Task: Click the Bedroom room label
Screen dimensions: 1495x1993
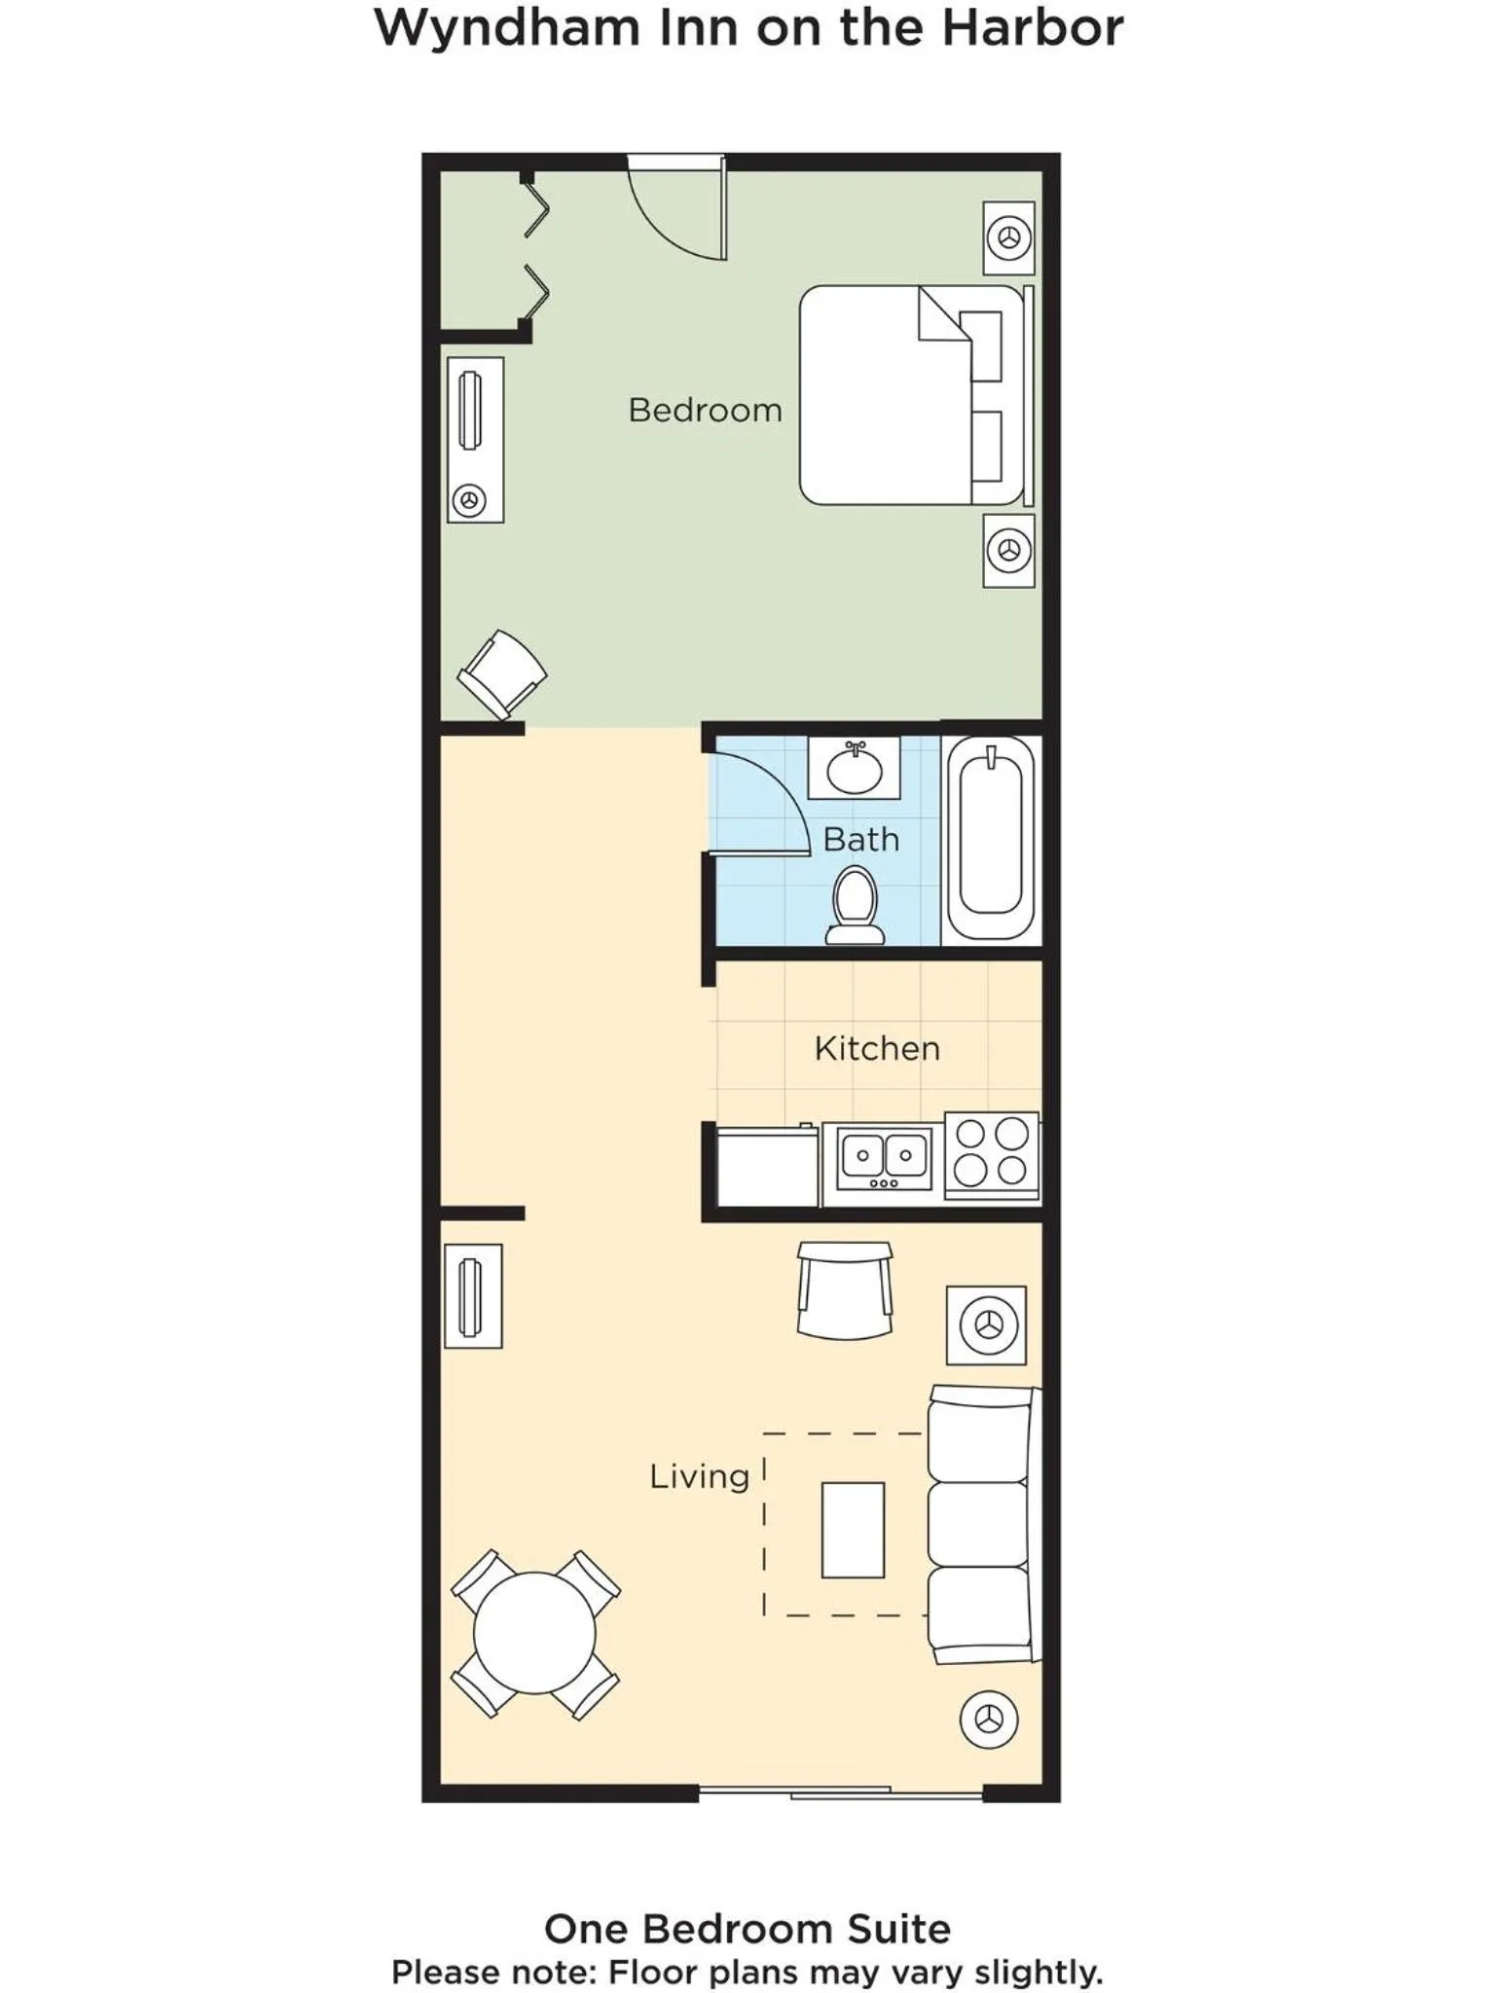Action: coord(705,410)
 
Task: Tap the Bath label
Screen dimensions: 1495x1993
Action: coord(861,839)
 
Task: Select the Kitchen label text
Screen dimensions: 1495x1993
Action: coord(877,1048)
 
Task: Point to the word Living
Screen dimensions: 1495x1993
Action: coord(699,1476)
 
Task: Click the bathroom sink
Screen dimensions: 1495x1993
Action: coord(855,769)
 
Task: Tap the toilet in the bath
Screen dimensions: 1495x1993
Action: coord(855,906)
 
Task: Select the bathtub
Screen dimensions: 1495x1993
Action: coord(991,837)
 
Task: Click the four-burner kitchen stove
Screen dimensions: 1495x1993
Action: coord(992,1154)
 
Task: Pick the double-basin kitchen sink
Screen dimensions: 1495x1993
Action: coord(884,1159)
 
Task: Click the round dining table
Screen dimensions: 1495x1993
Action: coord(534,1633)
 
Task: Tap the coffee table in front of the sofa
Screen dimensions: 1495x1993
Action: coord(853,1530)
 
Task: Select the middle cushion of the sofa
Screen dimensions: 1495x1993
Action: coord(978,1524)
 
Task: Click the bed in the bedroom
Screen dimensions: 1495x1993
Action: coord(915,395)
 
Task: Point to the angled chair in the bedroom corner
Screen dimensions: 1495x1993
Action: coord(502,673)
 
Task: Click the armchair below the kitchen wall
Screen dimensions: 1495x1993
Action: coord(845,1290)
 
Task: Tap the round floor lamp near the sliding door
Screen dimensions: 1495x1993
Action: coord(989,1720)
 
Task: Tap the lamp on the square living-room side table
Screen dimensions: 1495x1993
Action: coord(989,1324)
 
